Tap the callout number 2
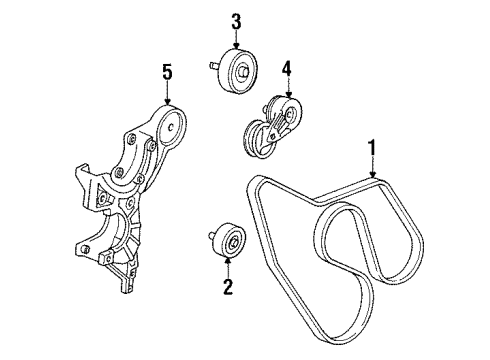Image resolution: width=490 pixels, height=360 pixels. point(229,289)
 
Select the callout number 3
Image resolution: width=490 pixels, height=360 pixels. point(237,21)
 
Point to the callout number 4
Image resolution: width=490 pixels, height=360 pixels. point(286,69)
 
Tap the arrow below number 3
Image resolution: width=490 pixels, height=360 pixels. point(237,40)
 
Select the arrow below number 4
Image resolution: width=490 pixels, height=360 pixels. point(286,88)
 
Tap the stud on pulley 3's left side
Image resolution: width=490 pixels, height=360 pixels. point(213,68)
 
